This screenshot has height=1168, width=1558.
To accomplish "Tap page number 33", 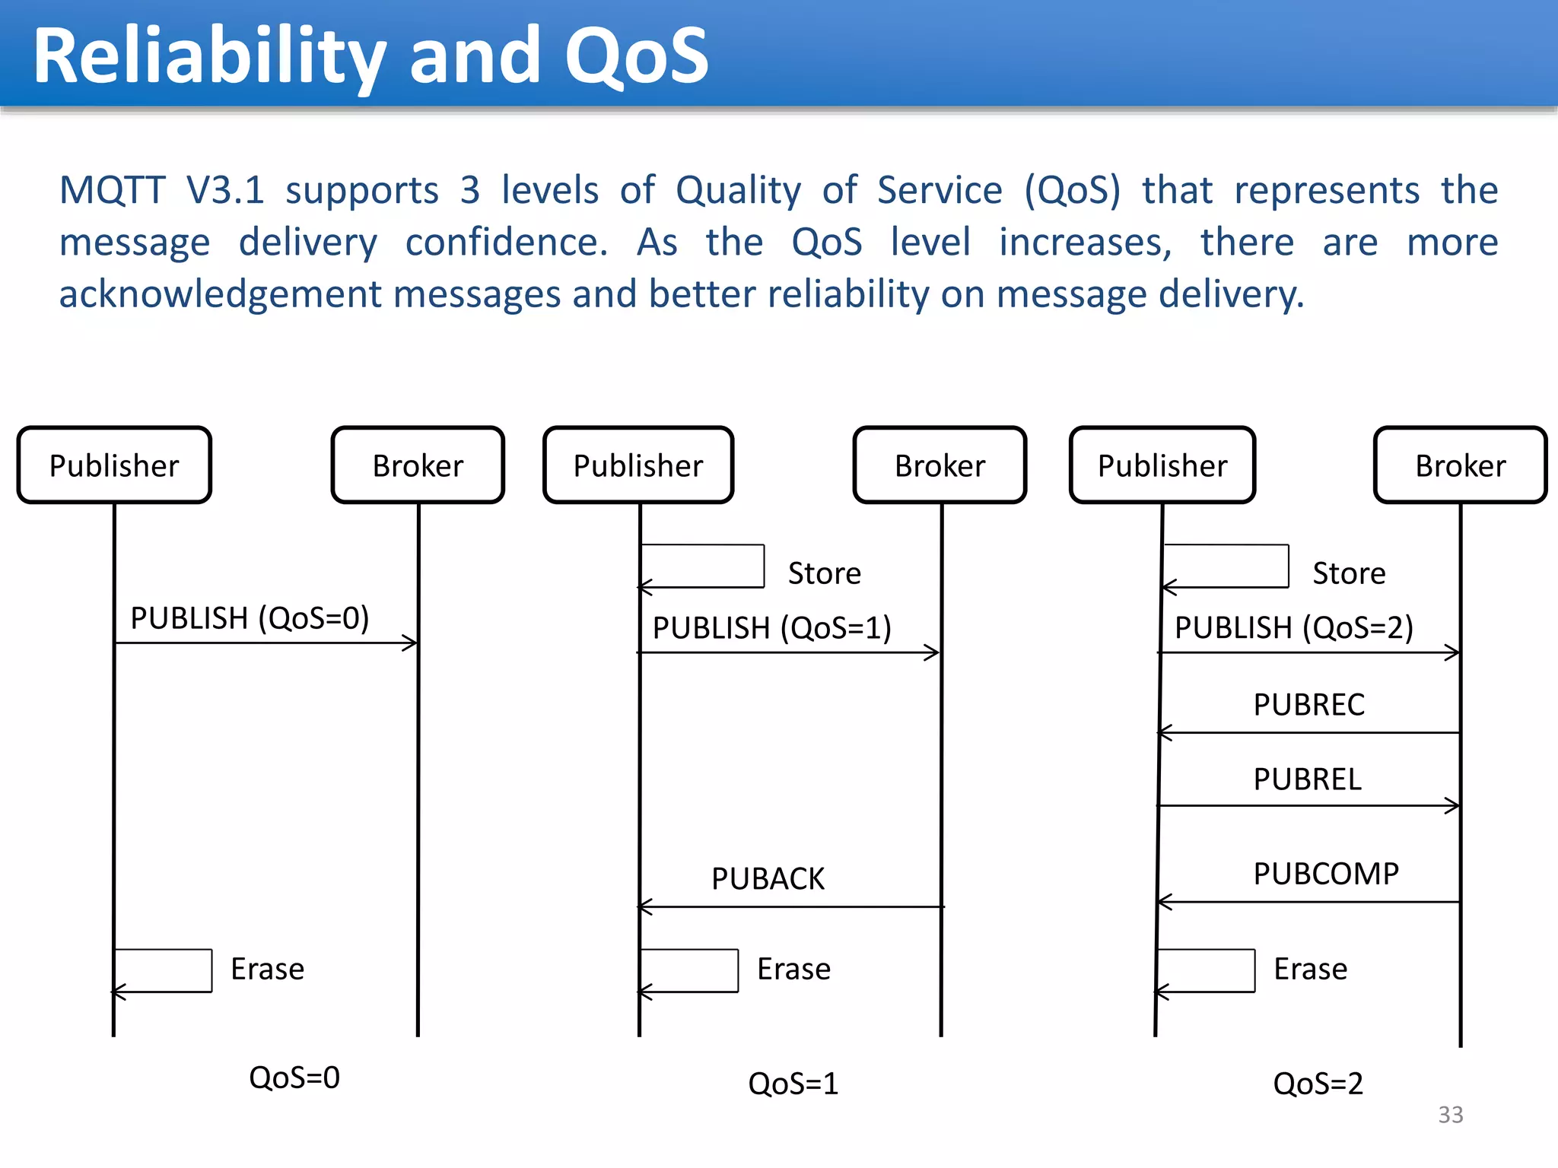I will pyautogui.click(x=1450, y=1114).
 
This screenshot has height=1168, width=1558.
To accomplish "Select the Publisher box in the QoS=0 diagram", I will pyautogui.click(x=114, y=465).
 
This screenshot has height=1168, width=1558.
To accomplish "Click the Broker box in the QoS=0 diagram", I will pyautogui.click(x=418, y=465).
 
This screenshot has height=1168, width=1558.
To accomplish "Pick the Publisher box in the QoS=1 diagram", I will pyautogui.click(x=638, y=465).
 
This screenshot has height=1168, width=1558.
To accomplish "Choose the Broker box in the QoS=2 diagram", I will pyautogui.click(x=1460, y=465).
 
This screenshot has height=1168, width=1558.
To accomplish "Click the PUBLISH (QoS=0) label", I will pyautogui.click(x=250, y=617).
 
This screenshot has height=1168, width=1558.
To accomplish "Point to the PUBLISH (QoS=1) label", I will pyautogui.click(x=771, y=627).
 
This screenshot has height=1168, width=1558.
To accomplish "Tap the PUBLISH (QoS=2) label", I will pyautogui.click(x=1293, y=627).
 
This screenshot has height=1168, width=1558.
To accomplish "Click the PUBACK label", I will pyautogui.click(x=768, y=878).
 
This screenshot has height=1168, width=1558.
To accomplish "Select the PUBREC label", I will pyautogui.click(x=1308, y=704).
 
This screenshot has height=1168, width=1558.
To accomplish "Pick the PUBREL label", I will pyautogui.click(x=1307, y=779).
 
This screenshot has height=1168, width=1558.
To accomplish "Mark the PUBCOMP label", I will pyautogui.click(x=1326, y=874).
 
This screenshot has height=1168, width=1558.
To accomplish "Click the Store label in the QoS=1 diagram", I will pyautogui.click(x=824, y=573).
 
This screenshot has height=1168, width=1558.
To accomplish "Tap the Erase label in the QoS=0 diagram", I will pyautogui.click(x=267, y=969).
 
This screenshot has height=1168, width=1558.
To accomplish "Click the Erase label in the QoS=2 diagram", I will pyautogui.click(x=1310, y=969).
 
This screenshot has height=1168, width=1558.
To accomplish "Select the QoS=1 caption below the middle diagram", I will pyautogui.click(x=793, y=1083).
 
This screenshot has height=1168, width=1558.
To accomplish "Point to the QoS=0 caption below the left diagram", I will pyautogui.click(x=294, y=1077).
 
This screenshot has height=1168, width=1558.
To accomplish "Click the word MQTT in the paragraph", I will pyautogui.click(x=112, y=190).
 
